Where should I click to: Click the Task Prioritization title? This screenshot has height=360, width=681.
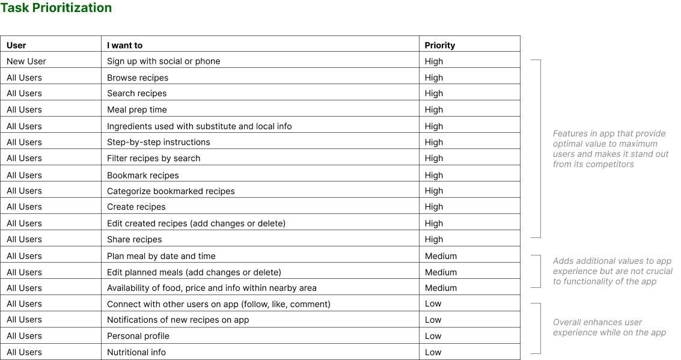point(56,8)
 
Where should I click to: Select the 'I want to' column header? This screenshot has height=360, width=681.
point(124,45)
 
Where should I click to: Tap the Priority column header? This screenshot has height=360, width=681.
point(439,45)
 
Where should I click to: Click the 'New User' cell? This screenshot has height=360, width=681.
point(26,61)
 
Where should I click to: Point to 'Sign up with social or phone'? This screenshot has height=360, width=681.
point(163,61)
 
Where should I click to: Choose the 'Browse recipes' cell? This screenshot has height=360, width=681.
point(138,78)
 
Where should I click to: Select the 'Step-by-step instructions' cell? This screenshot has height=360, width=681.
point(159,142)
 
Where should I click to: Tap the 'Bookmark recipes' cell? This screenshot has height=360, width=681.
point(143,175)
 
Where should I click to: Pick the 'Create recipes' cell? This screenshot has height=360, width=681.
point(136,207)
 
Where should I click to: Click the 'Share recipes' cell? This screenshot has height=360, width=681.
point(135,239)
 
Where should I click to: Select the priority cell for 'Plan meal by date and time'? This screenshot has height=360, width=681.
point(441,256)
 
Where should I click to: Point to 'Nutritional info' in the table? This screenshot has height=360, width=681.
point(136,352)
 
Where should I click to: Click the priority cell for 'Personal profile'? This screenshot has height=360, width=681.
point(433,336)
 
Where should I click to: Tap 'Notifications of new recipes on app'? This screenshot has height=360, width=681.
point(178,320)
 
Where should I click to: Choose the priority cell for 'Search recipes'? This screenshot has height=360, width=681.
point(433,94)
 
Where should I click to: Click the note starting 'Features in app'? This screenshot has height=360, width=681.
point(611,149)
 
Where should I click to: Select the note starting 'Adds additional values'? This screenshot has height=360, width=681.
point(612,271)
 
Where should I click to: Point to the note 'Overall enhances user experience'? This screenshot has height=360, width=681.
point(609,328)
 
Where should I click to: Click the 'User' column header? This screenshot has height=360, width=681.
point(16,45)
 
